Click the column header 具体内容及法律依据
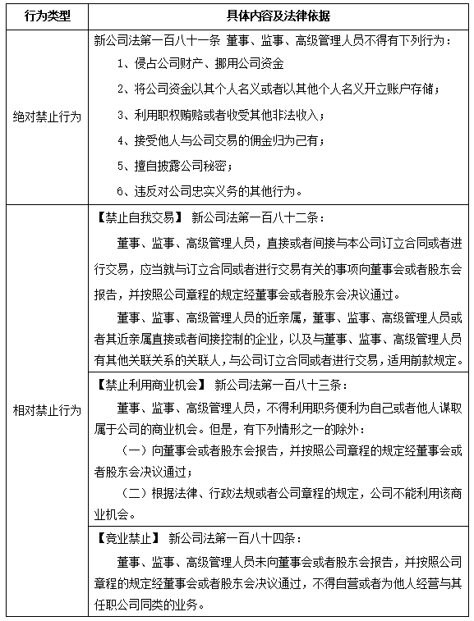click(x=278, y=16)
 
